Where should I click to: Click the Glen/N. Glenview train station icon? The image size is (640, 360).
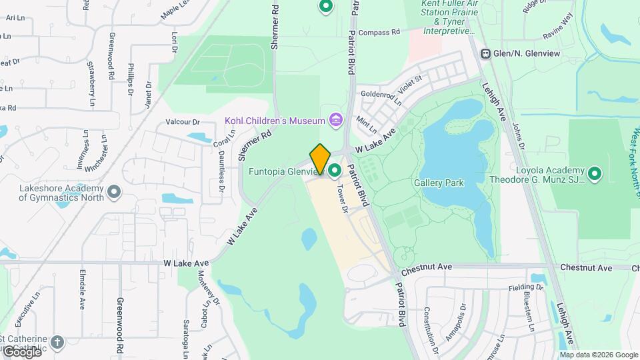pyautogui.click(x=486, y=53)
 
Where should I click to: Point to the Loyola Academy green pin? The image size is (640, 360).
pyautogui.click(x=594, y=175)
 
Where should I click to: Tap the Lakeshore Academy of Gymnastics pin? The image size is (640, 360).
pyautogui.click(x=114, y=193)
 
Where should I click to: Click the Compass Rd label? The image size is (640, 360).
pyautogui.click(x=378, y=32)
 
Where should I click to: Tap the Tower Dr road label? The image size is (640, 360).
pyautogui.click(x=342, y=198)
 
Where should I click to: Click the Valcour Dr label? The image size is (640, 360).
pyautogui.click(x=183, y=122)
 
